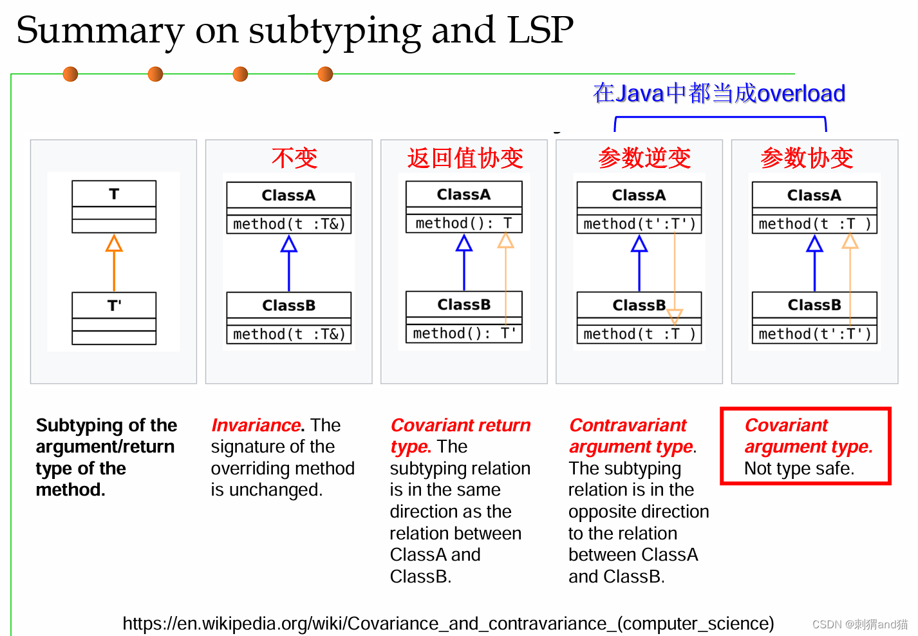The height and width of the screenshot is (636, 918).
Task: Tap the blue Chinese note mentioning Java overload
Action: pyautogui.click(x=719, y=93)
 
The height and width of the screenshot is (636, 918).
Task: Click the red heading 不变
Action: pyautogui.click(x=294, y=158)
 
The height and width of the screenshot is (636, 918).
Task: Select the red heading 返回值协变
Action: pyautogui.click(x=465, y=158)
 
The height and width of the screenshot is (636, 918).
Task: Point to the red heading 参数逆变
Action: pyautogui.click(x=644, y=158)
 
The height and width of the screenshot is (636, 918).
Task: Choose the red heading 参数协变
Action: pyautogui.click(x=807, y=158)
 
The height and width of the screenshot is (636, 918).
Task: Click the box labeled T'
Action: pyautogui.click(x=114, y=318)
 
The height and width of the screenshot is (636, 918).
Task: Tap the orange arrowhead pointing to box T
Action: pyautogui.click(x=114, y=243)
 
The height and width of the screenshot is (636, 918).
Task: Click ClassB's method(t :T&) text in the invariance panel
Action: pyautogui.click(x=289, y=334)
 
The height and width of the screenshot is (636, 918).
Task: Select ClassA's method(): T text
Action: pyautogui.click(x=464, y=223)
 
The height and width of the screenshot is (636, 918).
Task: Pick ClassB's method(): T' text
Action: pyautogui.click(x=464, y=333)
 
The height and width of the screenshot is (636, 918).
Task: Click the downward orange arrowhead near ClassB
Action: pyautogui.click(x=675, y=316)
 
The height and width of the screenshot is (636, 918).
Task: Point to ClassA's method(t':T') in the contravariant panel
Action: pyautogui.click(x=639, y=224)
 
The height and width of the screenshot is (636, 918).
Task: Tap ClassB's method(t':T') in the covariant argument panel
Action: pyautogui.click(x=815, y=334)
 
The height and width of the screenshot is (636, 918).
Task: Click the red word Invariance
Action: pyautogui.click(x=256, y=426)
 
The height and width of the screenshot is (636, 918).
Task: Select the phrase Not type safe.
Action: pyautogui.click(x=799, y=469)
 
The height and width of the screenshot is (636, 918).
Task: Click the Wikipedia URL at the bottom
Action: pyautogui.click(x=448, y=623)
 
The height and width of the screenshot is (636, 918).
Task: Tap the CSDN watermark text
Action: pyautogui.click(x=860, y=624)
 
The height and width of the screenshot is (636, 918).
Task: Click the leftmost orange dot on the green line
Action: pyautogui.click(x=70, y=74)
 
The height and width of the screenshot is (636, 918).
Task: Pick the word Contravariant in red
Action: pyautogui.click(x=628, y=426)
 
